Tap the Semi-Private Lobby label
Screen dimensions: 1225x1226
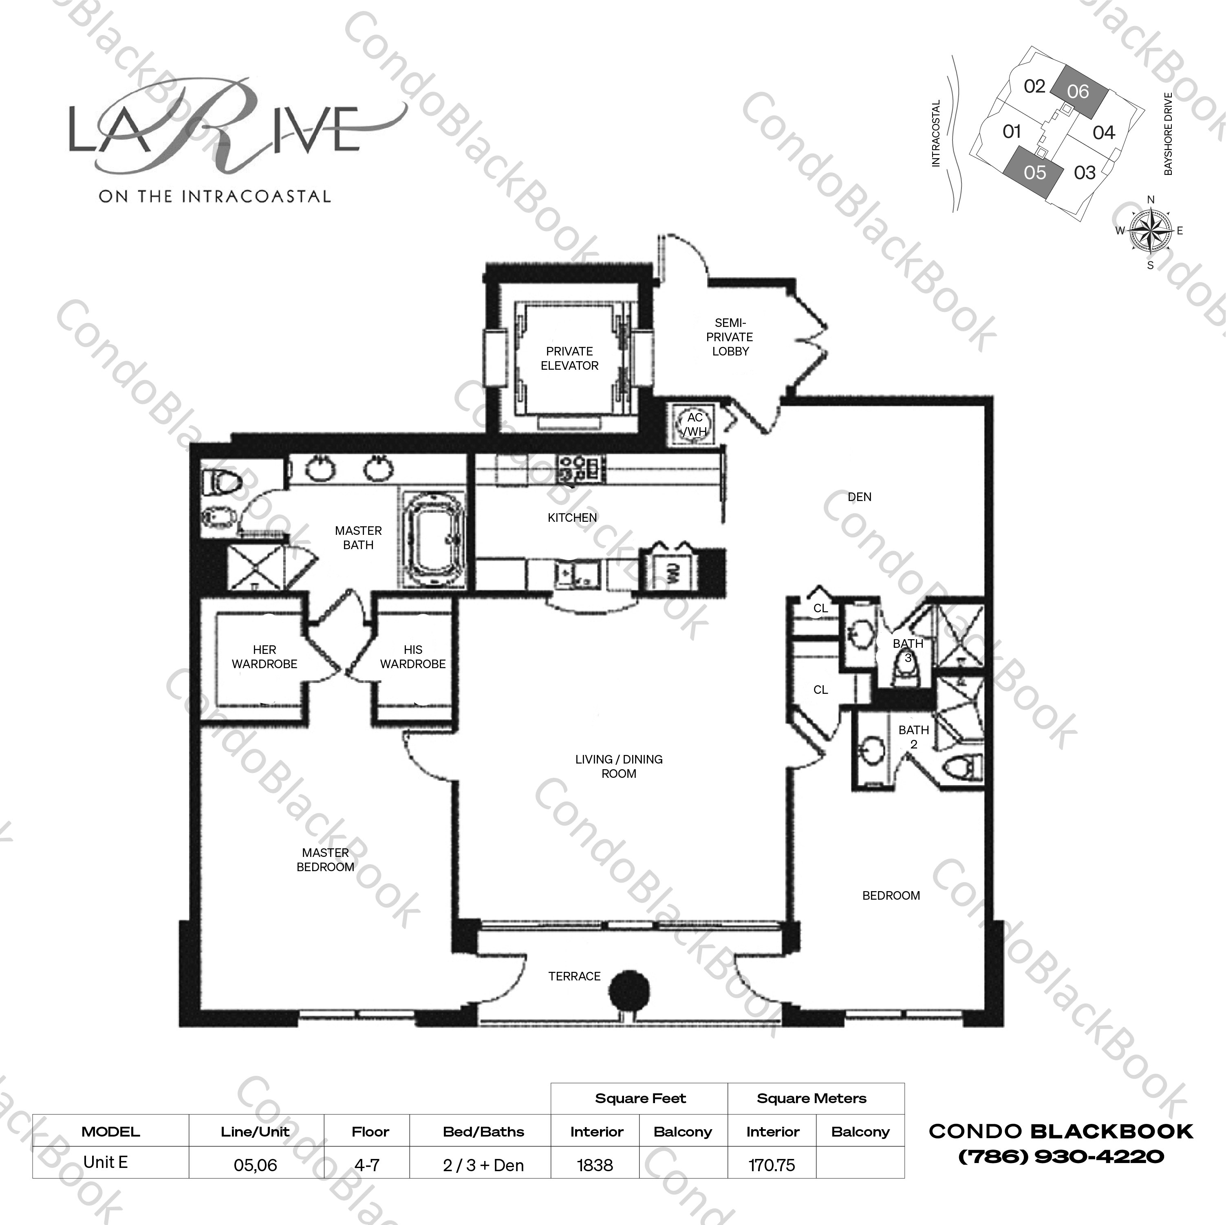730,337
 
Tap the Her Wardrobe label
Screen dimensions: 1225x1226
264,657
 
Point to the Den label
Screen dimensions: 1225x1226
859,497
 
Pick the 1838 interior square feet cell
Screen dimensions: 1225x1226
595,1165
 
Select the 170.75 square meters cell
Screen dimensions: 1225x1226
772,1165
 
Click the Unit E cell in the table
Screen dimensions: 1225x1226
106,1163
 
